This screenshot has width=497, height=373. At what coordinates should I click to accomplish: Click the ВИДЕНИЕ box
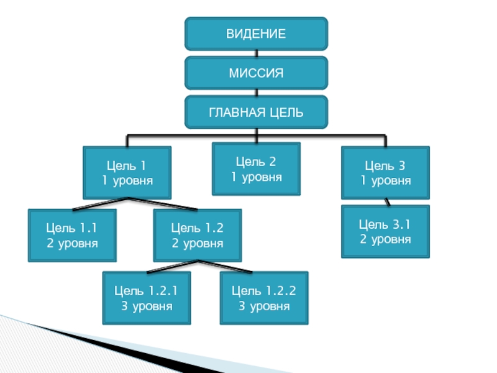tap(256, 34)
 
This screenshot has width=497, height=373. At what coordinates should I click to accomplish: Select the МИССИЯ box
tap(256, 73)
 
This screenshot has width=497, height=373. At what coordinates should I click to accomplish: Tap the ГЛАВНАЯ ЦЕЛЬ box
tap(256, 112)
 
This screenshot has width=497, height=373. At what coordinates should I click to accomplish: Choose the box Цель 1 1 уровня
tap(127, 173)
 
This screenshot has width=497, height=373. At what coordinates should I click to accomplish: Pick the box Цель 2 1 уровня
tap(257, 169)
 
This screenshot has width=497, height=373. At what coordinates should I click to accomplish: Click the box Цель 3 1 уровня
tap(385, 173)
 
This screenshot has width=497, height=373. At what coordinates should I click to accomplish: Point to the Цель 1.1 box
tap(72, 234)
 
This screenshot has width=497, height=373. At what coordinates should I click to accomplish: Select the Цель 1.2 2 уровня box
tap(198, 234)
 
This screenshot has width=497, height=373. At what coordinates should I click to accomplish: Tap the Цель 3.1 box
tap(385, 231)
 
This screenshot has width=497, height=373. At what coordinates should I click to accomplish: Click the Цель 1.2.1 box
tap(147, 298)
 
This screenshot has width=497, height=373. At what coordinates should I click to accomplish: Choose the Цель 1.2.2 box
tap(264, 298)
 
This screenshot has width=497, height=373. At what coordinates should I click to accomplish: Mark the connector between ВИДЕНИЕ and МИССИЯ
tap(256, 53)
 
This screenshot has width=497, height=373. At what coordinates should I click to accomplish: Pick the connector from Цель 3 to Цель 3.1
tap(386, 202)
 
